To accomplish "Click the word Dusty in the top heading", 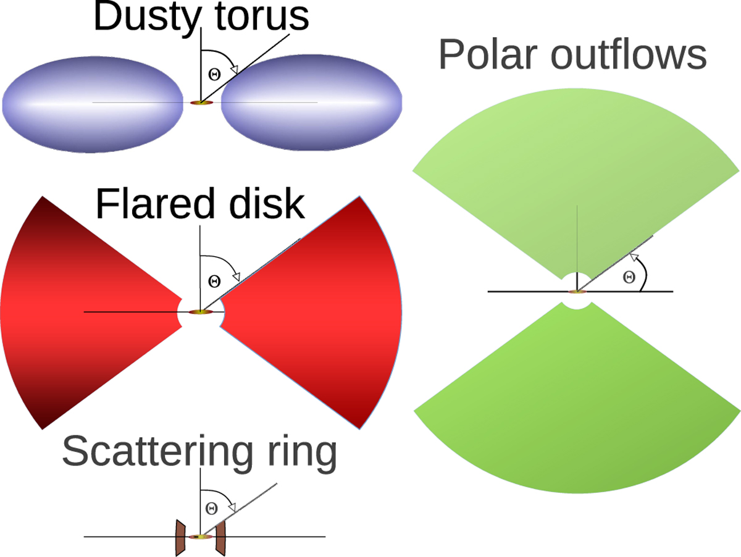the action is click(148, 17).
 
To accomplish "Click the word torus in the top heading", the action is click(262, 16).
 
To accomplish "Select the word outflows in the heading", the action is click(629, 53).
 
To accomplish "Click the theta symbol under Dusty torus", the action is click(214, 74).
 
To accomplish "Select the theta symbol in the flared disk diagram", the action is click(214, 281).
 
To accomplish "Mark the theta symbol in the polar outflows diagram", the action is click(629, 277).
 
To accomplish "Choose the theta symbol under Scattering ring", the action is click(211, 508).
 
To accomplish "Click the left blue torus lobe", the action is click(93, 104).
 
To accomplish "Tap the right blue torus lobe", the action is click(312, 103).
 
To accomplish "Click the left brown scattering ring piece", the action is click(180, 537).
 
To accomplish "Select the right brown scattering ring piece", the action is click(220, 537).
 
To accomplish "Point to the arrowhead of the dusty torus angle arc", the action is click(234, 69).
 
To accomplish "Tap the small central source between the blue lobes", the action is click(201, 103).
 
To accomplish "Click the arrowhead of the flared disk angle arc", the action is click(237, 277).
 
